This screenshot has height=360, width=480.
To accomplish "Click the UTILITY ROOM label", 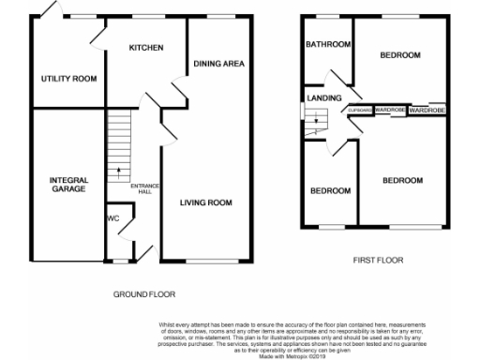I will [69, 79].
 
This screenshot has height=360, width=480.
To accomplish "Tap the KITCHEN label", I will [146, 48].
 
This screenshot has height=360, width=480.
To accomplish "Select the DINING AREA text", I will [219, 64].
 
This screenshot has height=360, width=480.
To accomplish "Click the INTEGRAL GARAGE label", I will [69, 184].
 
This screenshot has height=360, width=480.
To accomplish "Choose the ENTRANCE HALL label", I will [145, 187].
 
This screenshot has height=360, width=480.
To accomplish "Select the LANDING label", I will [322, 97].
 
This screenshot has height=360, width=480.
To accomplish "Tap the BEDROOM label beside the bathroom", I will [400, 56].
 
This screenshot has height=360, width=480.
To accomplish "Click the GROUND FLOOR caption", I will [144, 293].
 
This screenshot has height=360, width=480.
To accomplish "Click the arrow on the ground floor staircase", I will [119, 172].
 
